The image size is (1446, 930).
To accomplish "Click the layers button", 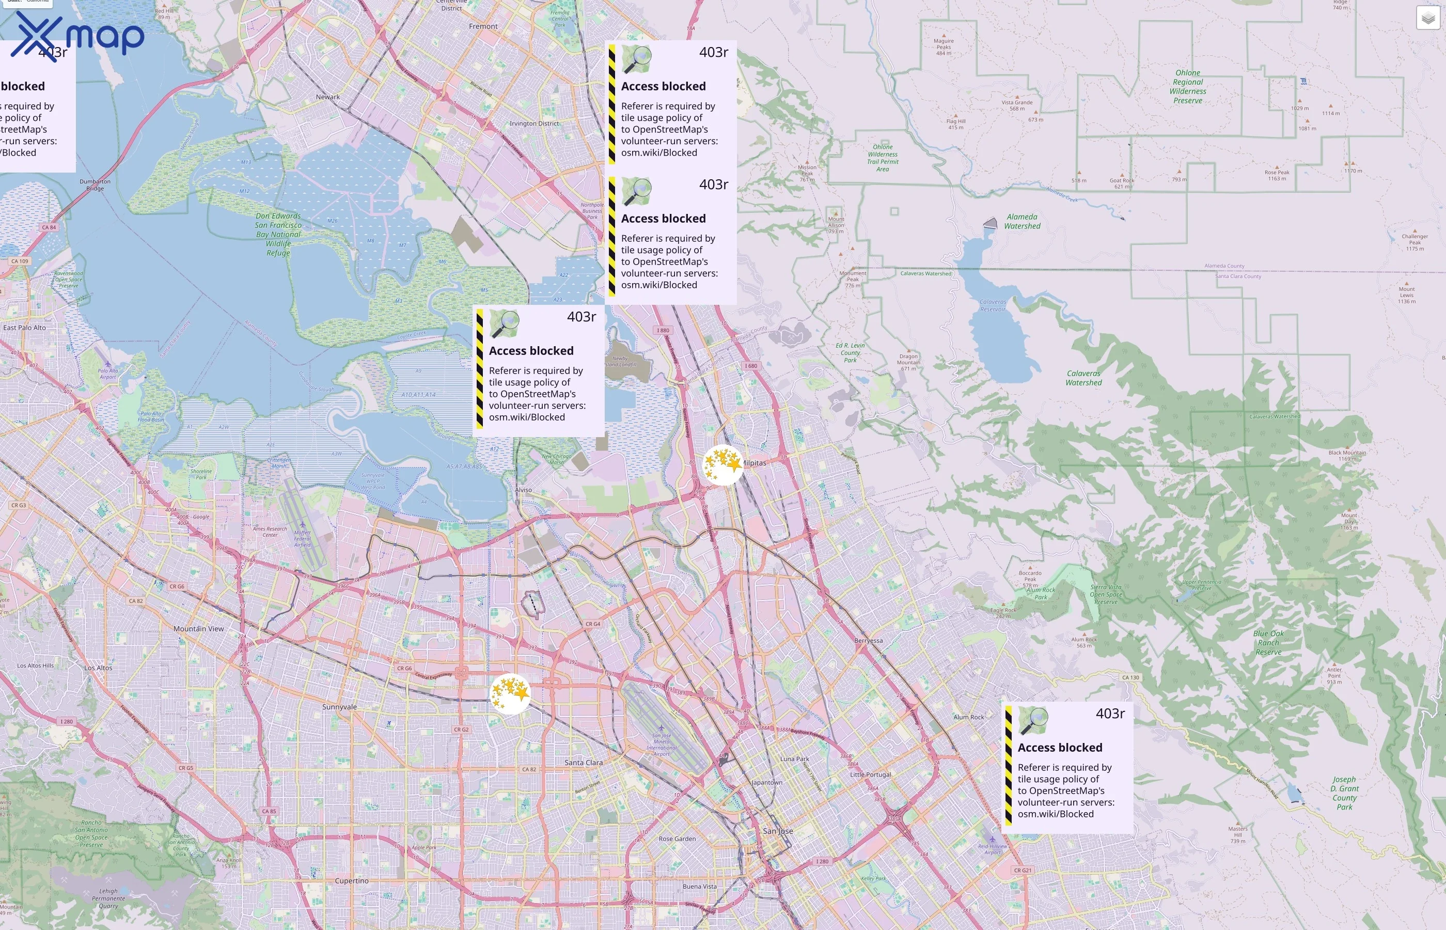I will pyautogui.click(x=1428, y=18).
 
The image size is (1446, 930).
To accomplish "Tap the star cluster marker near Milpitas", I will pyautogui.click(x=723, y=464).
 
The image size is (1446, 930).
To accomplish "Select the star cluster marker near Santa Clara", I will pyautogui.click(x=510, y=693).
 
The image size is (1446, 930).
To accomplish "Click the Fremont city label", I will pyautogui.click(x=483, y=26).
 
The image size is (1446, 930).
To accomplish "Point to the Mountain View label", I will pyautogui.click(x=198, y=629).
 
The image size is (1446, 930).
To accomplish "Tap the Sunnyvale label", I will pyautogui.click(x=339, y=707).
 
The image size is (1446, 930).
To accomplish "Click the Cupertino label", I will pyautogui.click(x=352, y=880).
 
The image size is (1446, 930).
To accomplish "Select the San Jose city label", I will pyautogui.click(x=777, y=831).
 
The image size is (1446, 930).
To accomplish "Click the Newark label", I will pyautogui.click(x=328, y=97).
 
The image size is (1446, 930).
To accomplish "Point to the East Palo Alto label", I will pyautogui.click(x=25, y=328).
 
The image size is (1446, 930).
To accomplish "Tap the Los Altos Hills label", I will pyautogui.click(x=35, y=665).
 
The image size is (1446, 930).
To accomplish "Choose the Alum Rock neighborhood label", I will pyautogui.click(x=969, y=717).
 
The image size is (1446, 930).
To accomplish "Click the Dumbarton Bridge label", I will pyautogui.click(x=95, y=184).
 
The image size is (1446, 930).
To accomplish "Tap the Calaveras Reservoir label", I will pyautogui.click(x=993, y=305).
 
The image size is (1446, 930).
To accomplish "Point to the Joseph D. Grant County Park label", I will pyautogui.click(x=1344, y=793).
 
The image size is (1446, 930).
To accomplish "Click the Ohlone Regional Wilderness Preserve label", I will pyautogui.click(x=1187, y=86).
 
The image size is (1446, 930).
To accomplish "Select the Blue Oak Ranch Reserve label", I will pyautogui.click(x=1268, y=643).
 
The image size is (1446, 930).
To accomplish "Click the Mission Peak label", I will pyautogui.click(x=807, y=171).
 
